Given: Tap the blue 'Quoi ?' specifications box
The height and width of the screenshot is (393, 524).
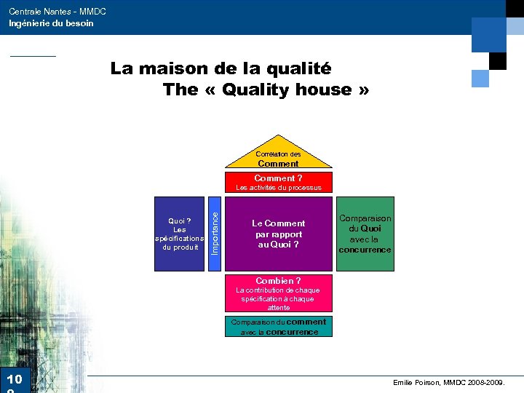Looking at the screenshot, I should click(x=179, y=234).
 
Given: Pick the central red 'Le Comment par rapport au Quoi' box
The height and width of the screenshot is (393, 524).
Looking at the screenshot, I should click(x=278, y=234).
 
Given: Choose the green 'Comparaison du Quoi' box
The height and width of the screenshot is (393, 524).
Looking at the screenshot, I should click(x=365, y=234).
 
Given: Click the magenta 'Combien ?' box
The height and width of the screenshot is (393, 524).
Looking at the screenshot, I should click(x=278, y=293).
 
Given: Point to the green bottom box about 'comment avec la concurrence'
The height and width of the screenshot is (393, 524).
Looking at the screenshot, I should click(x=278, y=327).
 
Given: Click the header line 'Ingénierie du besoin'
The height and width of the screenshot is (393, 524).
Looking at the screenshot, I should click(x=51, y=23).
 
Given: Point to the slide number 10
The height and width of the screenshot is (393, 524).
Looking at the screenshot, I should click(x=14, y=379).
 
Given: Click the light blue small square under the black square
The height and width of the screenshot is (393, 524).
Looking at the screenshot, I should click(x=480, y=78).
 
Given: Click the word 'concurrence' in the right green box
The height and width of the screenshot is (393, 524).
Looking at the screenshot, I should click(x=365, y=250).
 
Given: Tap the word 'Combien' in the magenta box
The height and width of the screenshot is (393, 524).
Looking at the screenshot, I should click(x=274, y=280).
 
